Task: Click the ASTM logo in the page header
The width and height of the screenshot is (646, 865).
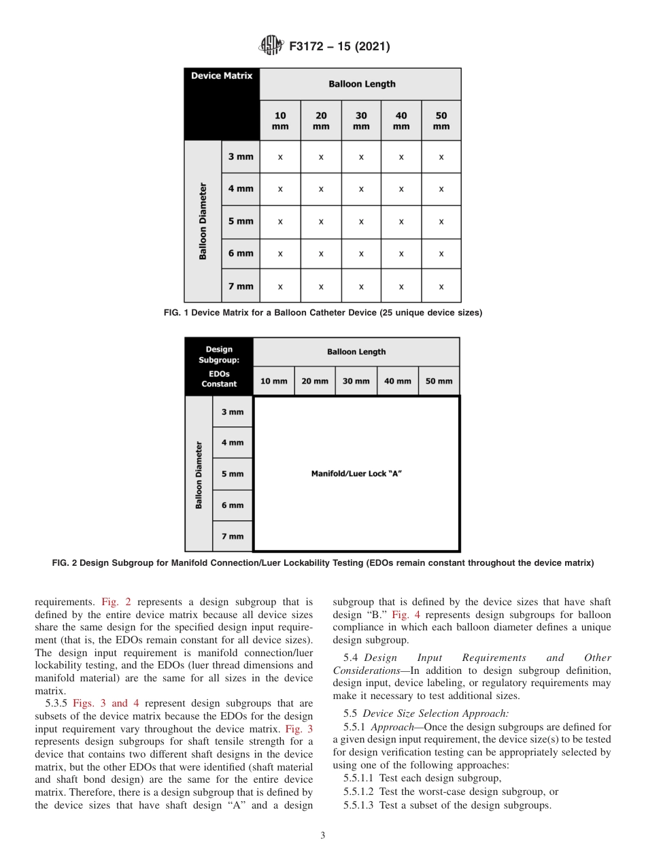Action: [271, 46]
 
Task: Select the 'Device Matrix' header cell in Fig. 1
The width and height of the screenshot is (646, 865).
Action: [222, 76]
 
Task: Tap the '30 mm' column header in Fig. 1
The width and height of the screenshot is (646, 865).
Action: [361, 121]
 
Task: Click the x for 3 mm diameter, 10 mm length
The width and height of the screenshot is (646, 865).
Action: [280, 157]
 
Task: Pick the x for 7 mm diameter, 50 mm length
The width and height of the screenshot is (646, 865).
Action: [441, 287]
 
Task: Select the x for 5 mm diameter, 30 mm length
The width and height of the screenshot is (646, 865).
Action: [361, 222]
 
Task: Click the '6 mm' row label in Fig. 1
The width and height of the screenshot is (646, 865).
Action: [241, 254]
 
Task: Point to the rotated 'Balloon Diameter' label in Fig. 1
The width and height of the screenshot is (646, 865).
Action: [203, 221]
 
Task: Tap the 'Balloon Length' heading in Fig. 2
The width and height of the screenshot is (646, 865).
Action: [356, 352]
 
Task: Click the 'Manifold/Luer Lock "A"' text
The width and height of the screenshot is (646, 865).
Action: [356, 473]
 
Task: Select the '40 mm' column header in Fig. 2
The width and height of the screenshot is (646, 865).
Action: [397, 381]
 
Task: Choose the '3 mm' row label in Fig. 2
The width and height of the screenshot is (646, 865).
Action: [232, 412]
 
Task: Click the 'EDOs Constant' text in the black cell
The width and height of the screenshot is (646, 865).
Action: [219, 379]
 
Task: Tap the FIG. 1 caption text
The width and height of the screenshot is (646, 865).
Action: [323, 313]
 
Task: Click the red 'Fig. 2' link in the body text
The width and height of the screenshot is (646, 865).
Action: [116, 602]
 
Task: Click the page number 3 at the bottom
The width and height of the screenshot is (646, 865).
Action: [323, 835]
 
